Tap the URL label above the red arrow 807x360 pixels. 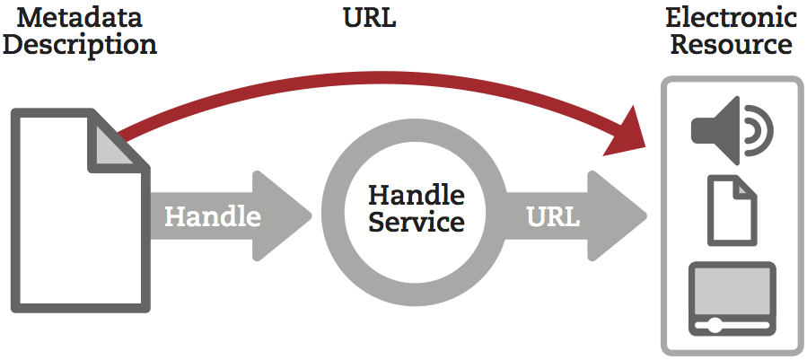tap(369, 18)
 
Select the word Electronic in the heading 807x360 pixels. tap(732, 17)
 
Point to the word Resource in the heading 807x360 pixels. tap(732, 44)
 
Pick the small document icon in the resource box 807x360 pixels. tap(732, 210)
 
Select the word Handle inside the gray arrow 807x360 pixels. tap(213, 217)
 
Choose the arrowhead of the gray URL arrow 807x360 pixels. tap(619, 216)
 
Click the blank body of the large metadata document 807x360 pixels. tap(63, 233)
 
